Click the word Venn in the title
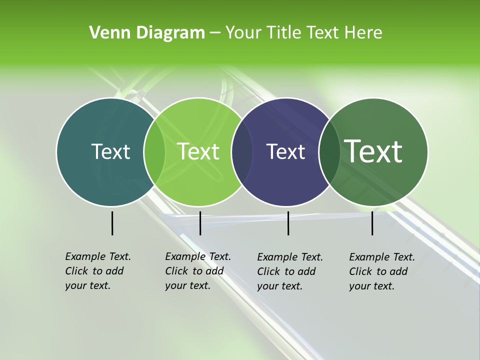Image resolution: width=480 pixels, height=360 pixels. click(x=106, y=32)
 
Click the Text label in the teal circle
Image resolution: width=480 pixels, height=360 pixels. click(x=110, y=151)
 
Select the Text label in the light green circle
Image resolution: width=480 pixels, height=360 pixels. click(x=198, y=151)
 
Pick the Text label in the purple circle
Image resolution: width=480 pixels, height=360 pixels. click(x=286, y=151)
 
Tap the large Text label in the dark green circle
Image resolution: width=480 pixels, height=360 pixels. click(x=373, y=151)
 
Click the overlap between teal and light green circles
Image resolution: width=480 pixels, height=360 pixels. click(x=154, y=151)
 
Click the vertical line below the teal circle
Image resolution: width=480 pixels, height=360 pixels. click(x=112, y=223)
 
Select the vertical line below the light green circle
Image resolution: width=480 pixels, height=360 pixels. click(x=200, y=223)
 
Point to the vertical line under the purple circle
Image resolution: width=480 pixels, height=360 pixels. click(x=288, y=223)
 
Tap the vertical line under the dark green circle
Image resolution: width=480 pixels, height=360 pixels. click(x=372, y=223)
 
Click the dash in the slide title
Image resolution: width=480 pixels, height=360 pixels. click(x=215, y=33)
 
